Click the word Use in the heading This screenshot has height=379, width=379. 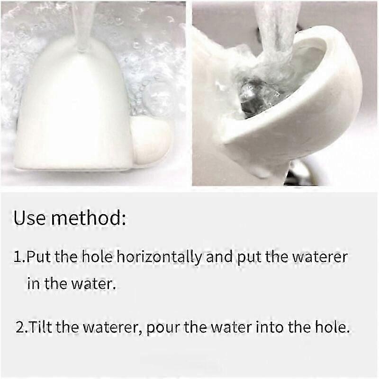click(x=29, y=218)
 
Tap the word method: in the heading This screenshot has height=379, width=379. click(x=89, y=218)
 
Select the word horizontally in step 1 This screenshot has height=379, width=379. click(x=159, y=258)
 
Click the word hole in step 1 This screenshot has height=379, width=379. click(x=97, y=257)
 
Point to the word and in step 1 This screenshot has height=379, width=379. click(x=219, y=257)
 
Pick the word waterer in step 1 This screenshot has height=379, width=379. click(x=320, y=257)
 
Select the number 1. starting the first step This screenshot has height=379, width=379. click(x=19, y=257)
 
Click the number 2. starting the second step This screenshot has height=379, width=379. click(x=22, y=327)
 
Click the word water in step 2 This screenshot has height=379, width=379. click(x=231, y=327)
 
